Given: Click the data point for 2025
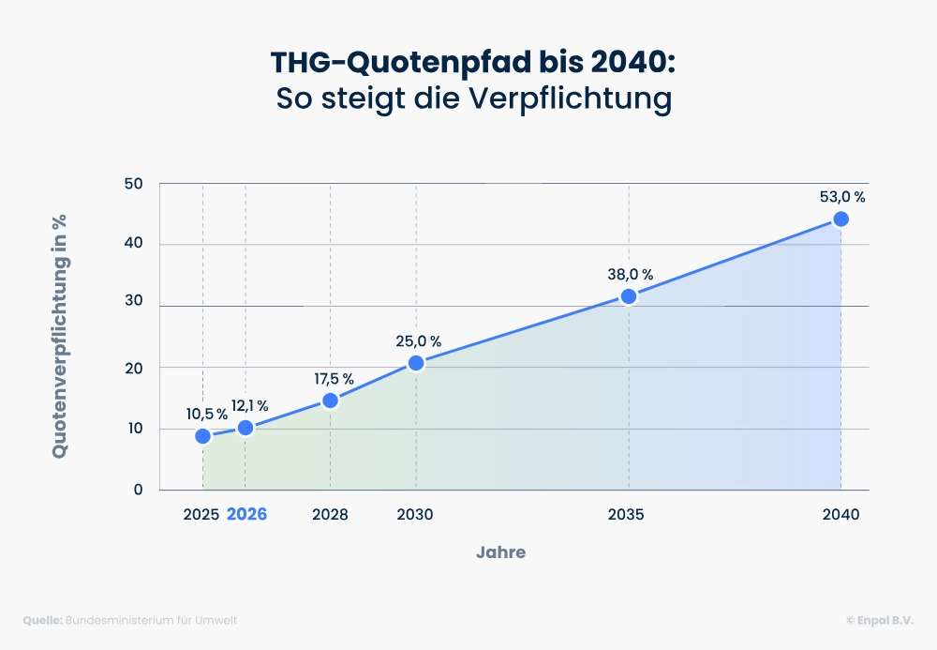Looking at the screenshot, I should click(202, 436).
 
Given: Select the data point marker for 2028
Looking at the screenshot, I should click(330, 401).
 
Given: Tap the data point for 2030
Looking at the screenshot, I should click(416, 363).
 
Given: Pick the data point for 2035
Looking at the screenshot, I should click(629, 296).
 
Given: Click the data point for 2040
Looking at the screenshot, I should click(840, 219).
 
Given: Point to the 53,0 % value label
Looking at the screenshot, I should click(841, 197).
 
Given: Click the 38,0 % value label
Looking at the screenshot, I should click(629, 275).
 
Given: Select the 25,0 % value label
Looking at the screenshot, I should click(417, 341).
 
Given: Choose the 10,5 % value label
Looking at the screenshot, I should click(205, 414).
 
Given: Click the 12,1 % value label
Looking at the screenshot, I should click(250, 406).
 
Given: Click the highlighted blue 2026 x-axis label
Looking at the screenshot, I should click(246, 515).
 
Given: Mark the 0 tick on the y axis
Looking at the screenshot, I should click(138, 490).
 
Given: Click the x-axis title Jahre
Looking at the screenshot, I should click(500, 552).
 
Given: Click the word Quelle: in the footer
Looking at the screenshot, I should click(42, 621).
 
